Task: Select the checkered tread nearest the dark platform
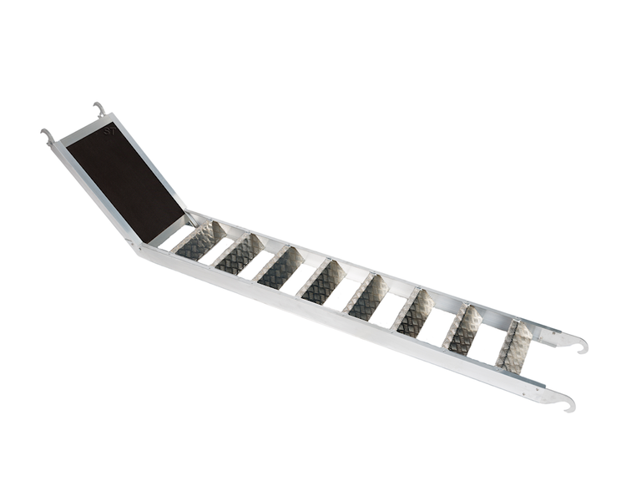coord(200,240)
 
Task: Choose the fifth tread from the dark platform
coord(367,297)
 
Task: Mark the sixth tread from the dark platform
coord(414,313)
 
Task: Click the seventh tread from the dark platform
coord(464,329)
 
